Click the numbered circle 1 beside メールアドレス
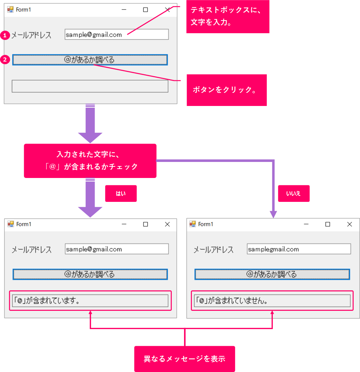pos(5,35)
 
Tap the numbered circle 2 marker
pos(5,60)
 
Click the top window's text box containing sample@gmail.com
pos(116,35)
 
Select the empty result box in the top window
pos(90,86)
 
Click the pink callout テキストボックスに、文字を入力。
pos(227,17)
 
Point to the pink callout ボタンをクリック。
pos(227,90)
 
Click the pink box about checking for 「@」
pos(90,161)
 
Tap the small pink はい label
pos(121,193)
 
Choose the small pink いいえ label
pos(293,193)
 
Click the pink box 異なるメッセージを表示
pos(184,359)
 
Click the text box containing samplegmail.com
pos(299,249)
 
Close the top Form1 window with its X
pos(167,10)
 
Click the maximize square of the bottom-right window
pos(328,224)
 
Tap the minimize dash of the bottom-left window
pos(124,224)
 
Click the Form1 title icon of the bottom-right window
pos(193,224)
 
